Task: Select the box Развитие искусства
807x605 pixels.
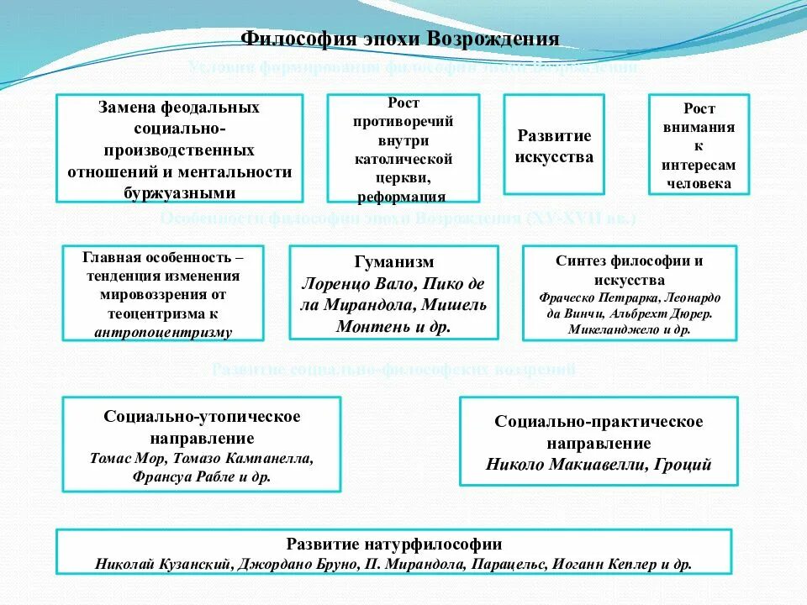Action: pos(554,145)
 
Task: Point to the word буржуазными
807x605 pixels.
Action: pos(179,192)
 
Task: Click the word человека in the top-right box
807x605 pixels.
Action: pos(699,183)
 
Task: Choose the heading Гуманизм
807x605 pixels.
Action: pos(393,262)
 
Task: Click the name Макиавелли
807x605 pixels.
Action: pos(600,465)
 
